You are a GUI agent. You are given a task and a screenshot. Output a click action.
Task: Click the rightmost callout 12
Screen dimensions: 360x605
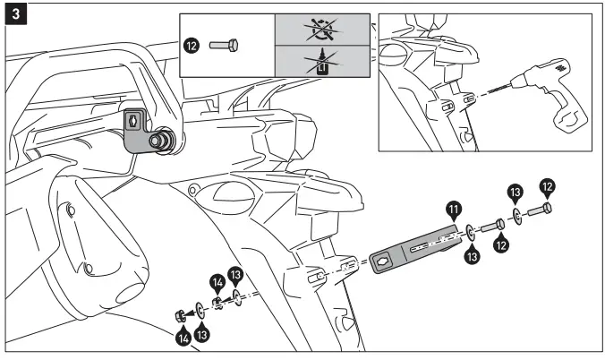tap(547, 187)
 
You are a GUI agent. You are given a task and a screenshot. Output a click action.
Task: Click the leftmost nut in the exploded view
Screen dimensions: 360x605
tap(180, 313)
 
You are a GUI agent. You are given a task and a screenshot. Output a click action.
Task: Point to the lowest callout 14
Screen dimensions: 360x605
tap(183, 338)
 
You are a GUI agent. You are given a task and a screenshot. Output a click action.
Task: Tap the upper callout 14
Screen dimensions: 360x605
tap(217, 281)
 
